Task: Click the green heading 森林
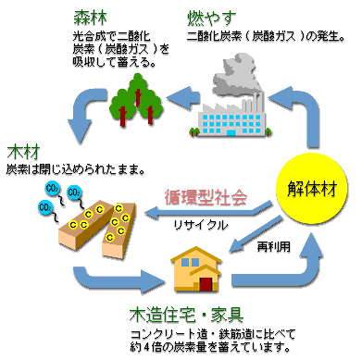pos(92,18)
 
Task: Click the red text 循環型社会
pos(207,197)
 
